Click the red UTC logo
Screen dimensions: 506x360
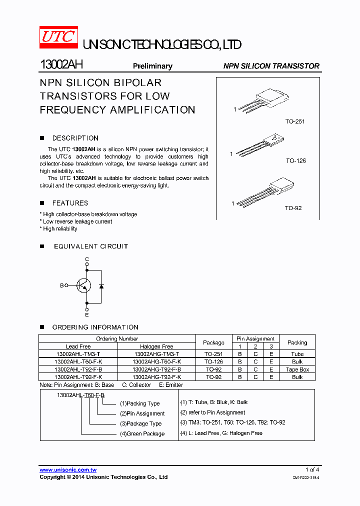(58, 38)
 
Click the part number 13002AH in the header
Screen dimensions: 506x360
(61, 65)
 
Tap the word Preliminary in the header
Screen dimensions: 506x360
(152, 66)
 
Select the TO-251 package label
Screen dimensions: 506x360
(295, 121)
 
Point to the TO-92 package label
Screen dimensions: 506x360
(293, 208)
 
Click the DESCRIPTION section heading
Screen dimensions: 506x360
(75, 138)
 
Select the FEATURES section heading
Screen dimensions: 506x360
(70, 203)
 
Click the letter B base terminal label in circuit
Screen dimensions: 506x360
(62, 285)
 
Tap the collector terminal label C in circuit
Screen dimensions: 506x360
(87, 259)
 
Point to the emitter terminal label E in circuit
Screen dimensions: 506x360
(87, 314)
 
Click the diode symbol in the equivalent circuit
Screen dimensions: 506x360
(101, 286)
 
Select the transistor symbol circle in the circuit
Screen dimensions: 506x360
(83, 285)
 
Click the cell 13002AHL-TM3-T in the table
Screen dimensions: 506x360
(78, 354)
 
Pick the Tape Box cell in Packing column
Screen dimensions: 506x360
(297, 369)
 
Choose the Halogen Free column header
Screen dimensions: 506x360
(156, 346)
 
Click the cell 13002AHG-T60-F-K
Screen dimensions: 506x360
(156, 361)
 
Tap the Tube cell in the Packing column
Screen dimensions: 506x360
(297, 354)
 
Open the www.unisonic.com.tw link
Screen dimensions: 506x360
(68, 470)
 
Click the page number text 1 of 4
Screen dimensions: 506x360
(312, 469)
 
